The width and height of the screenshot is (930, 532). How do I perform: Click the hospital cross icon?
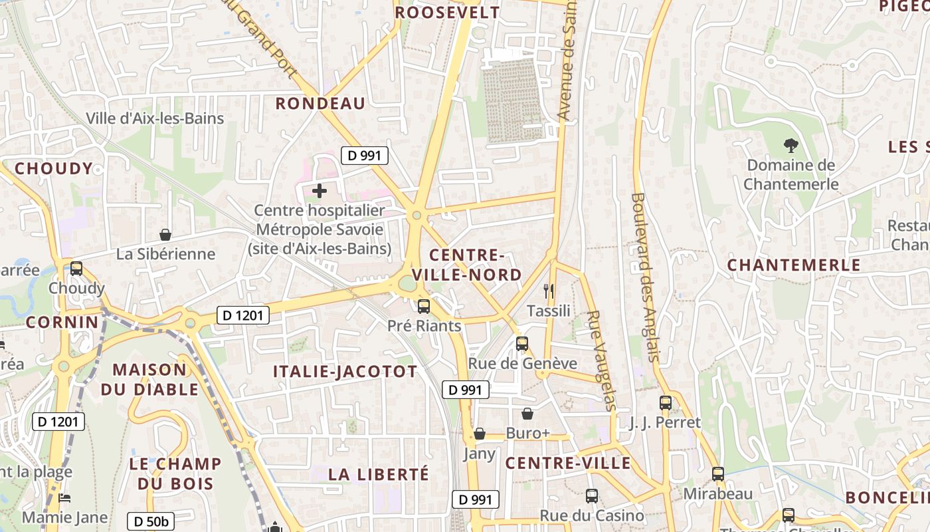320,191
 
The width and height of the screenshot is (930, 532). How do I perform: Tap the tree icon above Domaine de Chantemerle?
790,145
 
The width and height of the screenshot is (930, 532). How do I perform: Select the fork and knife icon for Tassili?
549,291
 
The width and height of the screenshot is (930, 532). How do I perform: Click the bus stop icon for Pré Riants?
424,307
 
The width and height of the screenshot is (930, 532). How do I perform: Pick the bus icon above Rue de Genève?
522,344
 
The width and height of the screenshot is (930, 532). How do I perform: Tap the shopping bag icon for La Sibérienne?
165,235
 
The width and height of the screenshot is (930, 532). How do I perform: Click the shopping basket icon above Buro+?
527,414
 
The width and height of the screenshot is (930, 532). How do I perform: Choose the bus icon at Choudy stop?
76,269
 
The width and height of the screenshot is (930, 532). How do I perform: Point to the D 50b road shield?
151,521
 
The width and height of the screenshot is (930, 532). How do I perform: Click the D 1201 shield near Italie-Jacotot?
243,315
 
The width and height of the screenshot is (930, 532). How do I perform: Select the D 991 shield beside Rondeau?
364,156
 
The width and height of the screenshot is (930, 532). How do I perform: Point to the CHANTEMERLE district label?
793,265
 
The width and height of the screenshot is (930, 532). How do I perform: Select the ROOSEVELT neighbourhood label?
446,13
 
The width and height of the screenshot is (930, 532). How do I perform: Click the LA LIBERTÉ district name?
379,475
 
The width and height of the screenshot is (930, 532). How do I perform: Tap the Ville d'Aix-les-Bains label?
155,118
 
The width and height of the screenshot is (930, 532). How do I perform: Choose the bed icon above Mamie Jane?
64,498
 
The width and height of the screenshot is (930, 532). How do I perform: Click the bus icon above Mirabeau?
718,474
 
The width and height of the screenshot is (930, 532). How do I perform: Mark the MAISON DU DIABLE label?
149,380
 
